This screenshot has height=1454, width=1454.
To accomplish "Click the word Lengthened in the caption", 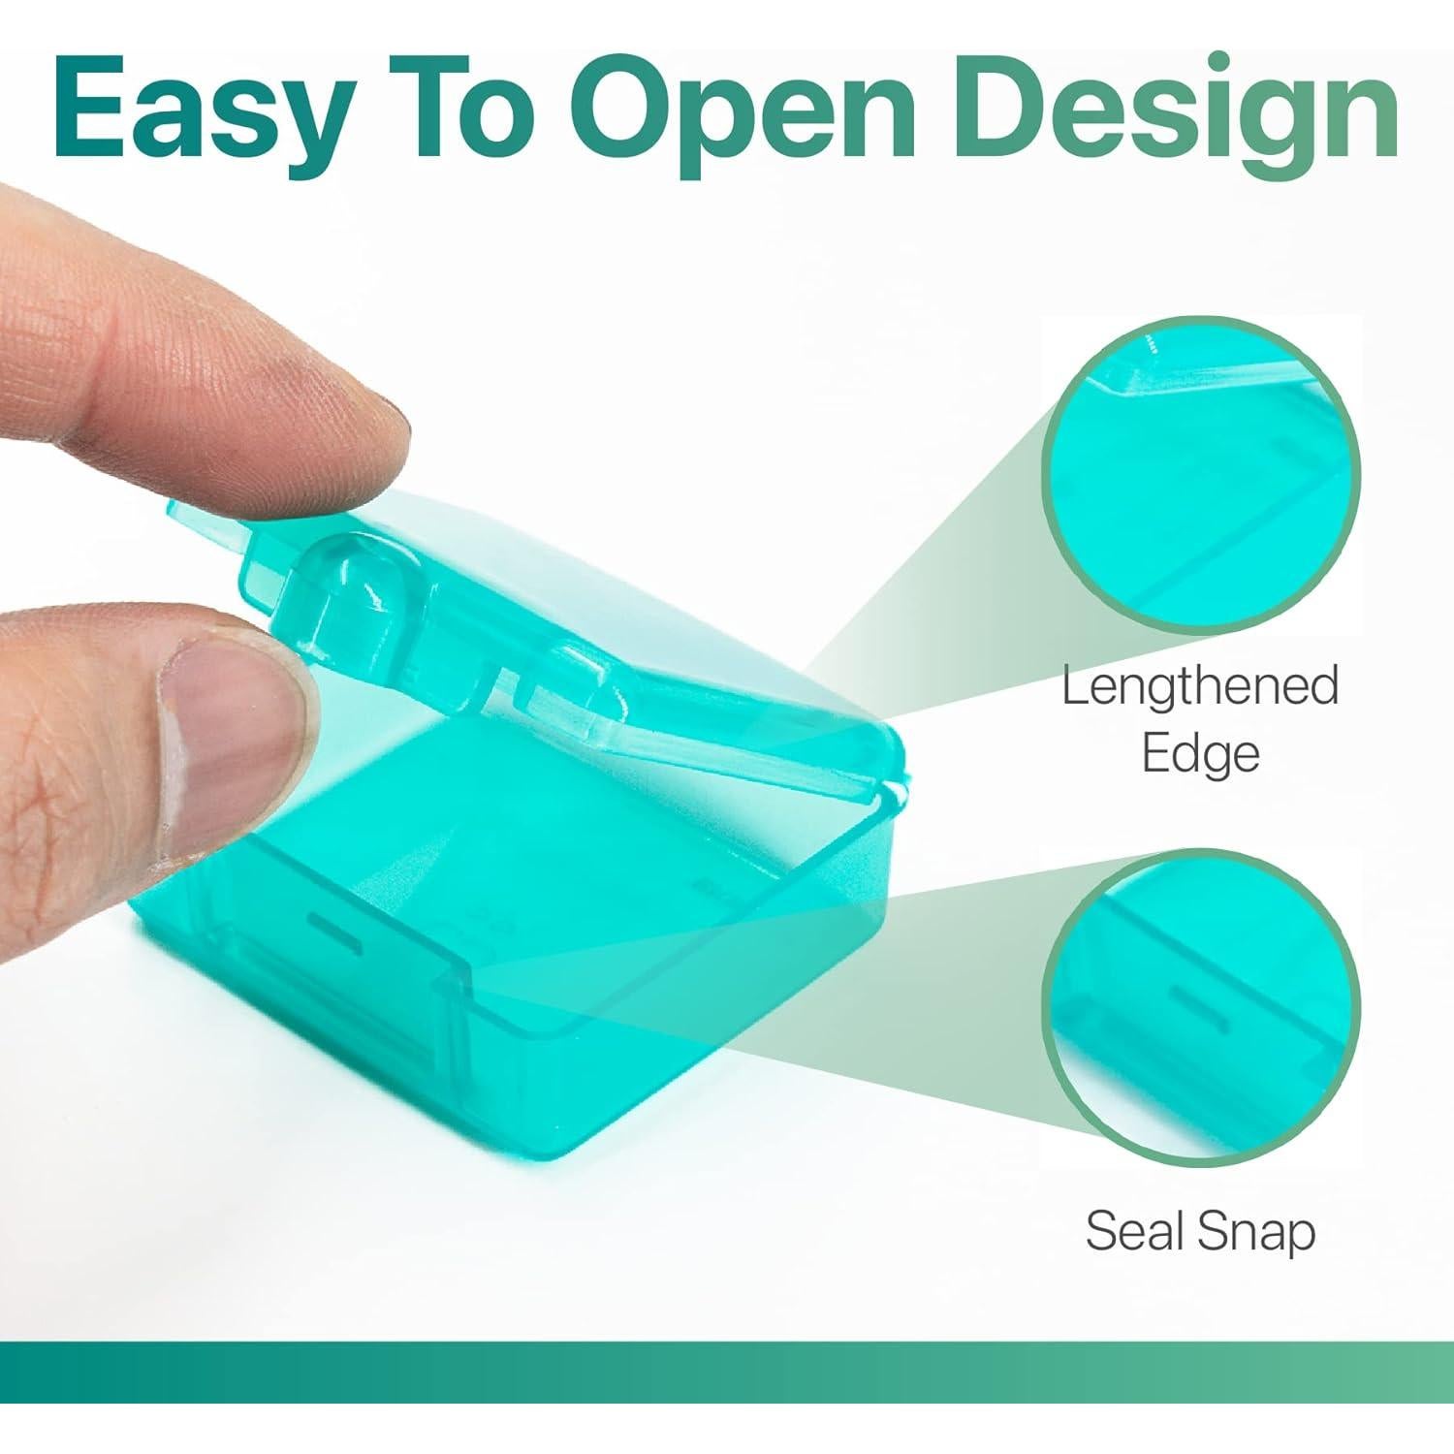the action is coord(1200,687).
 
